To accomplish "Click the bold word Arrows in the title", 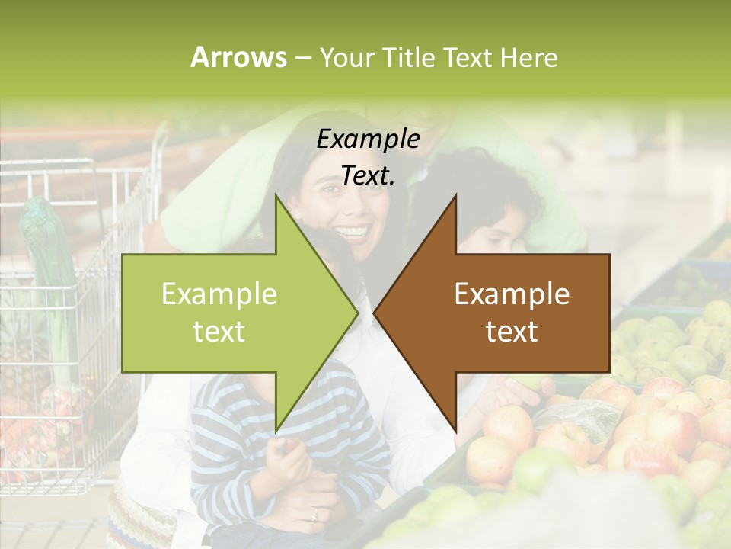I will pos(238,57).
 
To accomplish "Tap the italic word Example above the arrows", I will pos(368,140).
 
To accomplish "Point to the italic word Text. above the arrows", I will pos(368,175).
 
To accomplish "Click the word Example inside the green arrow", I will pos(219,294).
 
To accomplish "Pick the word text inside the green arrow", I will pos(219,332).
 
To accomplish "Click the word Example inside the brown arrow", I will pos(512,294).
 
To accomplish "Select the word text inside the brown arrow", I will pos(512,332).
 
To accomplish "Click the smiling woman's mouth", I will pos(352,230).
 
